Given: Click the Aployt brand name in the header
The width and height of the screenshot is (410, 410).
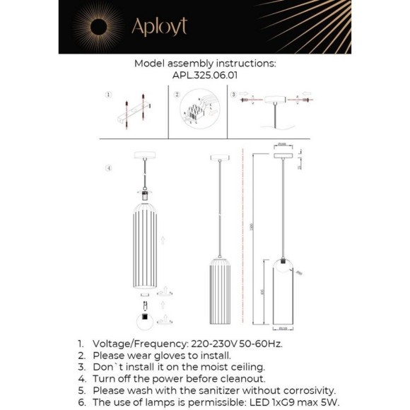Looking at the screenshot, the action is click(159, 27).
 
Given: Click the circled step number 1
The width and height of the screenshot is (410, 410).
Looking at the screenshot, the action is click(107, 94).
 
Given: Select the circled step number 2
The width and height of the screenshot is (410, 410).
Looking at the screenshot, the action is click(176, 94).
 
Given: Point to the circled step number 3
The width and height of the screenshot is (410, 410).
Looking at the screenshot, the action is click(233, 94).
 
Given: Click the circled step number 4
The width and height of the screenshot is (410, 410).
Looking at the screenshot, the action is click(107, 168).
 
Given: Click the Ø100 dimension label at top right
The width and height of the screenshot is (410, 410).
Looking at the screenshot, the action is click(281, 144).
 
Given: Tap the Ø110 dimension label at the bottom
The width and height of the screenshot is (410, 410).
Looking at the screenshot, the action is click(282, 328).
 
